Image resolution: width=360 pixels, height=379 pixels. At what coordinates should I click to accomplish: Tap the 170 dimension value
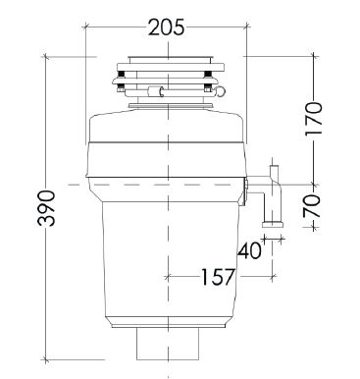[x=313, y=119]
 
